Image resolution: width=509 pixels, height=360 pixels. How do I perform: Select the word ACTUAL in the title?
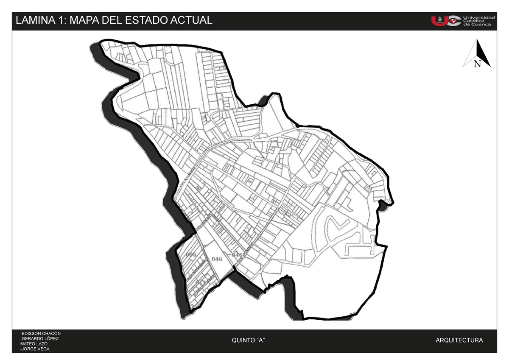191,20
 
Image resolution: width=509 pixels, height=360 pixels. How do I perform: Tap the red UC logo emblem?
445,20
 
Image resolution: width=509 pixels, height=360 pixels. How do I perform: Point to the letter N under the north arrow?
477,64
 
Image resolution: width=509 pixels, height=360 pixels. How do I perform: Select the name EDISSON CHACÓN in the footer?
41,333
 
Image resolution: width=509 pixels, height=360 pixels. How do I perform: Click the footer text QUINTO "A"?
249,340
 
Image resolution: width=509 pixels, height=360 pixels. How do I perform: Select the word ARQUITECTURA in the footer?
459,340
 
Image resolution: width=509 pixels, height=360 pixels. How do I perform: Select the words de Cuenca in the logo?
477,25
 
